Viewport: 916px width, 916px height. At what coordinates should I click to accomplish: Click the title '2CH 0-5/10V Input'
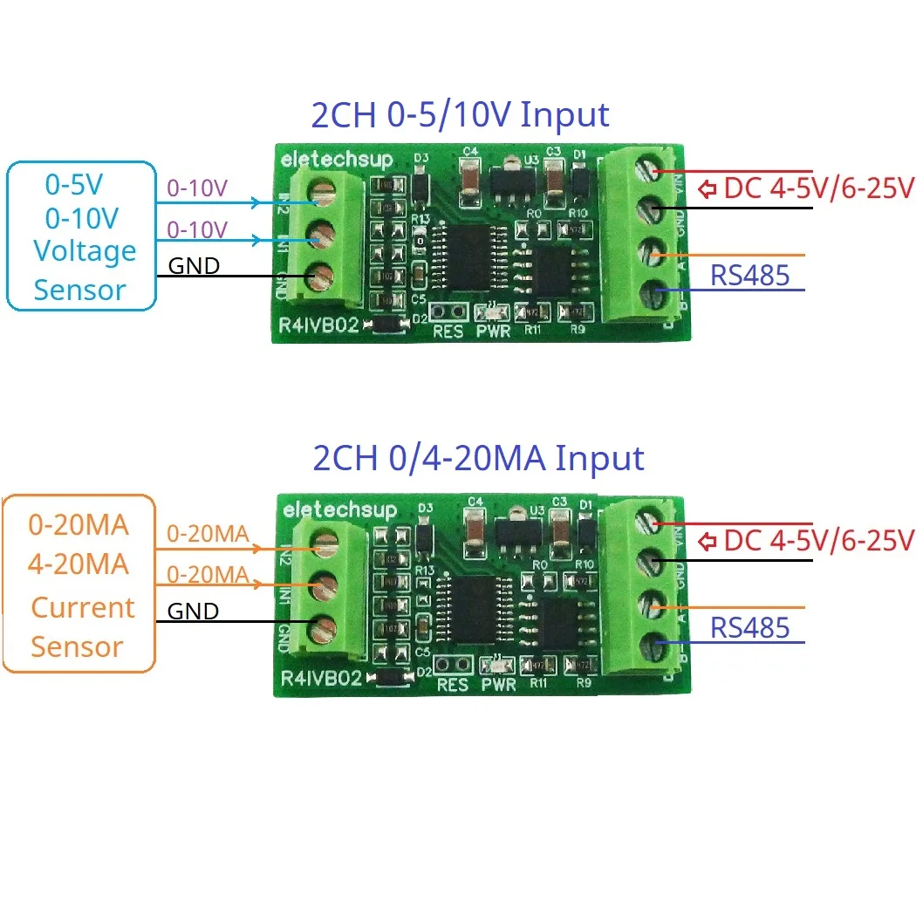(460, 115)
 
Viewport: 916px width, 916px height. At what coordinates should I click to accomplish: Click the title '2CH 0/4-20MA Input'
(478, 458)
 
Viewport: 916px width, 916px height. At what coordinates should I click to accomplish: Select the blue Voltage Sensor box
(81, 236)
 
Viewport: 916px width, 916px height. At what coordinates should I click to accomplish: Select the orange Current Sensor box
(79, 584)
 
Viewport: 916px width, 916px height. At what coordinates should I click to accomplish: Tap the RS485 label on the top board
(749, 276)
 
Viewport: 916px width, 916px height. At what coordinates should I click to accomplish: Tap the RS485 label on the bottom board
(749, 627)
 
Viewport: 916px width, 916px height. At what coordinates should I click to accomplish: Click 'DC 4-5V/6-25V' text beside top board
(818, 188)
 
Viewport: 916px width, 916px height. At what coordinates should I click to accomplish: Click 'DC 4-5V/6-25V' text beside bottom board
(818, 540)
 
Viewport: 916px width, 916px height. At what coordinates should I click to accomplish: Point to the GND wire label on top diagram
(194, 265)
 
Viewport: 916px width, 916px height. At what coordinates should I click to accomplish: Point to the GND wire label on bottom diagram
(194, 612)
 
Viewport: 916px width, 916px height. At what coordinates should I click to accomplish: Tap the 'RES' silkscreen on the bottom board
(452, 685)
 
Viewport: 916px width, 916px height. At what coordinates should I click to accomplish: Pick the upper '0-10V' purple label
(196, 188)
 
